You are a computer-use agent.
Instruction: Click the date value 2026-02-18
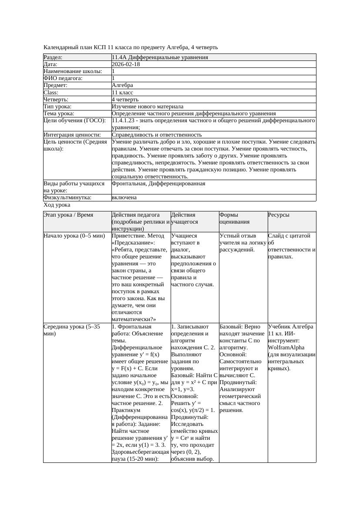pyautogui.click(x=126, y=64)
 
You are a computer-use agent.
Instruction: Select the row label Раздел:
pyautogui.click(x=53, y=57)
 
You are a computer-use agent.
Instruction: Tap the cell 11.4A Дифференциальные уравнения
pyautogui.click(x=160, y=57)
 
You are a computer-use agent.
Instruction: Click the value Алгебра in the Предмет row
pyautogui.click(x=122, y=85)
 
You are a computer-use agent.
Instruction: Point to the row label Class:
pyautogui.click(x=52, y=92)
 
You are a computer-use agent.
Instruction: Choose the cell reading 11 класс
pyautogui.click(x=122, y=92)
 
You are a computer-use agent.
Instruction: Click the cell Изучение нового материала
pyautogui.click(x=148, y=106)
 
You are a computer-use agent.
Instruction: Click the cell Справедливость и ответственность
pyautogui.click(x=157, y=135)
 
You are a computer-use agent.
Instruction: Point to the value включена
pyautogui.click(x=124, y=198)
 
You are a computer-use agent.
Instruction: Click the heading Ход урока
pyautogui.click(x=57, y=204)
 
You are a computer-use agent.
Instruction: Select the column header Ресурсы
pyautogui.click(x=279, y=215)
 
